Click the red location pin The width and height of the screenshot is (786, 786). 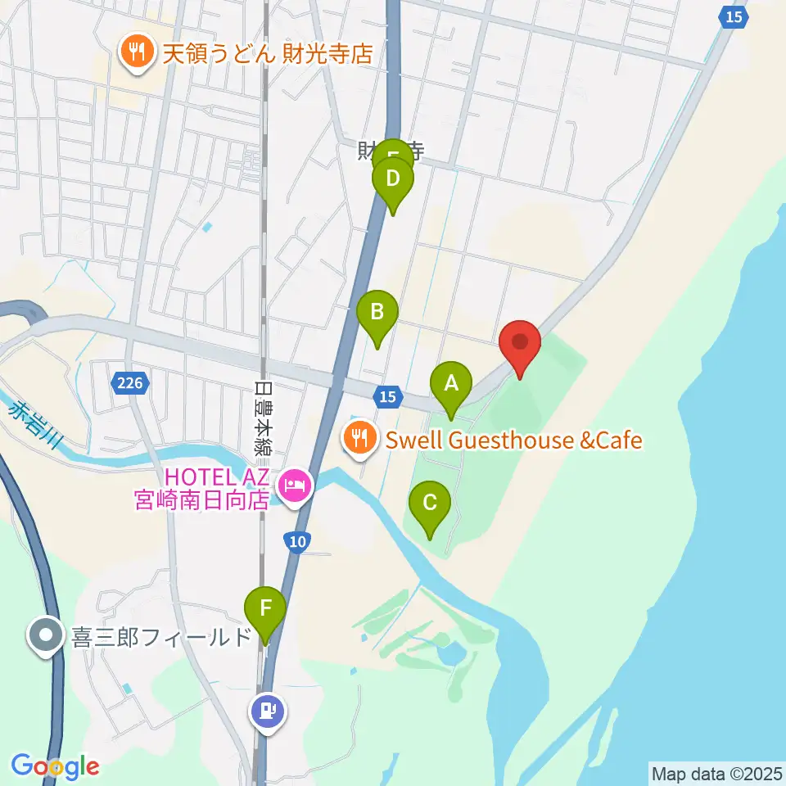coord(520,344)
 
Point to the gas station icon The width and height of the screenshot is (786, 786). coord(269,710)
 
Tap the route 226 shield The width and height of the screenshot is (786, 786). coord(129,382)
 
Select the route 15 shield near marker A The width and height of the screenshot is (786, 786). coord(387,397)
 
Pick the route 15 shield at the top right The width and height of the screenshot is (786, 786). coord(734,16)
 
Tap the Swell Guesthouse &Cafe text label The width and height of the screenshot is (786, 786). coord(513,440)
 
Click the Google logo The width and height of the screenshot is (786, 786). coord(55,766)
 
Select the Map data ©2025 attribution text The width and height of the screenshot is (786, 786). coord(716,772)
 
